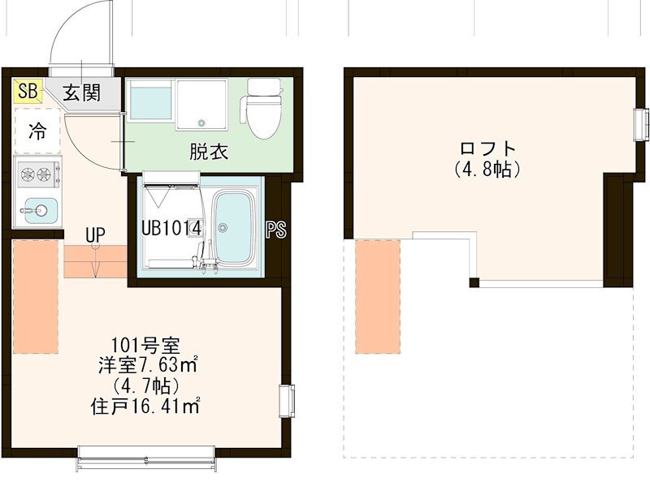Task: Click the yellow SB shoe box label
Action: (x=27, y=92)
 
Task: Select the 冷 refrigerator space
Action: (x=37, y=130)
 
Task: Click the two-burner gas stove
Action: (x=37, y=173)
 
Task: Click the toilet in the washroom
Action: (x=263, y=110)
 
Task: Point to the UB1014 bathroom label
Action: (x=171, y=228)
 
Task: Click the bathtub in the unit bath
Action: (x=236, y=228)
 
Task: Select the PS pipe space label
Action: (x=276, y=230)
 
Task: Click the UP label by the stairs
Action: (x=96, y=235)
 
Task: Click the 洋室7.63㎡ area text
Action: (x=147, y=365)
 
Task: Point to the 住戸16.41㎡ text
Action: (x=147, y=405)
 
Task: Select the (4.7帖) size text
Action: (x=147, y=385)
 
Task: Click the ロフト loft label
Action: (x=487, y=149)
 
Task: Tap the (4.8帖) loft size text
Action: (x=487, y=170)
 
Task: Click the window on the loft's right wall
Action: (x=641, y=123)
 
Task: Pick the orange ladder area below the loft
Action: (x=378, y=296)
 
